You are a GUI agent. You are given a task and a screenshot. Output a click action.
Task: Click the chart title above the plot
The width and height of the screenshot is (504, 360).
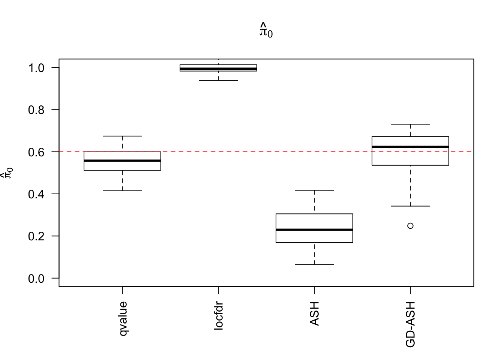(x=266, y=30)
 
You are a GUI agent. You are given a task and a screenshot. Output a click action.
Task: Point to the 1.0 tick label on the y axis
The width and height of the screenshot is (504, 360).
(x=36, y=68)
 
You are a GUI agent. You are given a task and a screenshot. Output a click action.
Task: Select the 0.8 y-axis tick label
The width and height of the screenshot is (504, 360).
(x=36, y=110)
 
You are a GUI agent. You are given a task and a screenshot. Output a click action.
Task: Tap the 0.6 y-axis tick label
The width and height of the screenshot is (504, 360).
(x=36, y=152)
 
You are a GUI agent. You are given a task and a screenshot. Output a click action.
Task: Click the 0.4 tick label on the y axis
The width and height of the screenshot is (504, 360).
(x=36, y=194)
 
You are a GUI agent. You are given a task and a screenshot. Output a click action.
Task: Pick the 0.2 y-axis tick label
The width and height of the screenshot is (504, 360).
(x=36, y=236)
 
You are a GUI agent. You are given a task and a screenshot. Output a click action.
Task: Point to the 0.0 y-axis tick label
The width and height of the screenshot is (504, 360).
(x=36, y=279)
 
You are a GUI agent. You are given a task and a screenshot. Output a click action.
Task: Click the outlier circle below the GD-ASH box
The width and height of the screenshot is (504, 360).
(x=410, y=226)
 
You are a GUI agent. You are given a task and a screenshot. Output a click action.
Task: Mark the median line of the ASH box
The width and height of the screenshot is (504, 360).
(x=314, y=229)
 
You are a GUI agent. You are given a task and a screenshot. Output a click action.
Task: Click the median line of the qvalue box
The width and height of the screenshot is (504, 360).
(x=122, y=160)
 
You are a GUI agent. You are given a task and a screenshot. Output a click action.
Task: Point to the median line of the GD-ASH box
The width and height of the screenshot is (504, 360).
(x=410, y=147)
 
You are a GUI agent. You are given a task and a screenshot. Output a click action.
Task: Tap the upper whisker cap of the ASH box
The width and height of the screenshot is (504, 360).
(x=314, y=190)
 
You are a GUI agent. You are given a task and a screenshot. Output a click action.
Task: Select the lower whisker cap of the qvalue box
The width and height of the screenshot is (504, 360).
(x=122, y=191)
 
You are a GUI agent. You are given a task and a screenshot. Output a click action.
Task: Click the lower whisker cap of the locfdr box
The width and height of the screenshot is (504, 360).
(x=218, y=81)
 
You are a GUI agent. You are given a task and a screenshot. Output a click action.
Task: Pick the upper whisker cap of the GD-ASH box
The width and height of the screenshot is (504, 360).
(x=410, y=124)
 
